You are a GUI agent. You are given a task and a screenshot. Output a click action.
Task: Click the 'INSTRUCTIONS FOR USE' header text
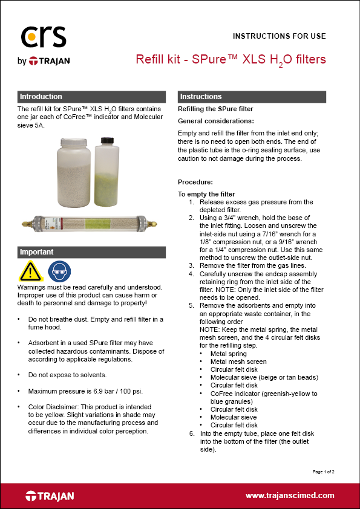(279, 36)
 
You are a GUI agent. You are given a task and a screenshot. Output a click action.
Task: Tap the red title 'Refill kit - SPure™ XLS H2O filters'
(231, 59)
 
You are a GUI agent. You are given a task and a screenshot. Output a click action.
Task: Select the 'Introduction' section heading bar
(91, 97)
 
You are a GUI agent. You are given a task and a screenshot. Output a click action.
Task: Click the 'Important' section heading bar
(91, 252)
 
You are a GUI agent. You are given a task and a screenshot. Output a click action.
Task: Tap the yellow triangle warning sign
(30, 271)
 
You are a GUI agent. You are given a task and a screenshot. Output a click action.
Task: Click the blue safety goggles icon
(59, 271)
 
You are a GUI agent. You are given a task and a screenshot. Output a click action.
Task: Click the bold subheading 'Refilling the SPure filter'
(215, 109)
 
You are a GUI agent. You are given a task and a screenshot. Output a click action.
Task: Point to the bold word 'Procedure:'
(194, 182)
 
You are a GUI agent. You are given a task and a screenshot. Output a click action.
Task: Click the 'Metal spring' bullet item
(227, 353)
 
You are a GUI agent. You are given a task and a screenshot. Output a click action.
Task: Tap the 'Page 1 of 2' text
(323, 471)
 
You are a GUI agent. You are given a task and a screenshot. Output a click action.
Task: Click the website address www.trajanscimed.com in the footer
(289, 496)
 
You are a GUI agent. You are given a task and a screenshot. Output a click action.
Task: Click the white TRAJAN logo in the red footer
(50, 496)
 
